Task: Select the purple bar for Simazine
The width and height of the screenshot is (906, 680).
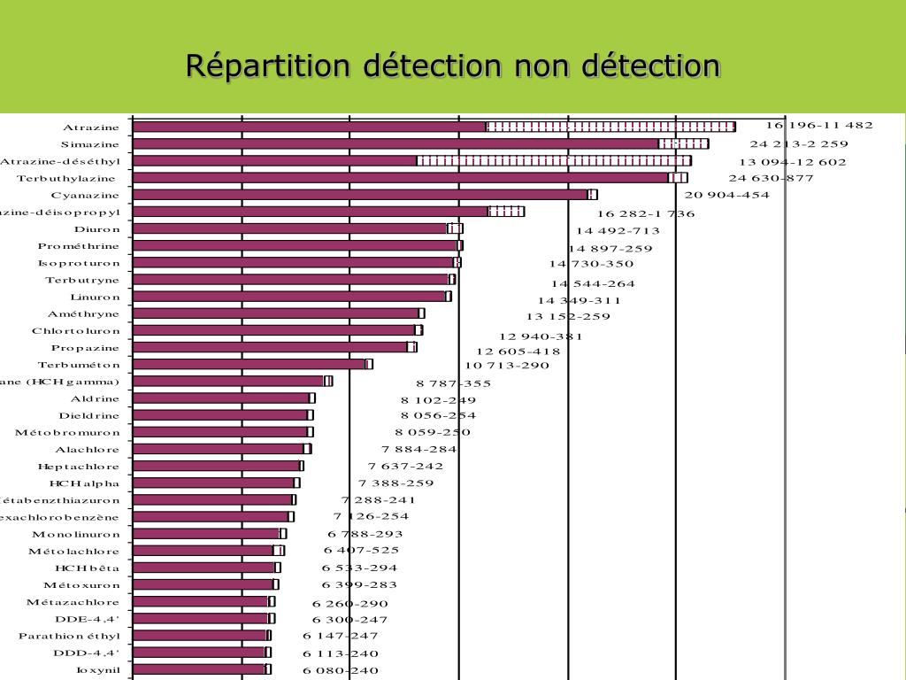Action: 395,143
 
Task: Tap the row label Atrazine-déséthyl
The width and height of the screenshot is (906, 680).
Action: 60,161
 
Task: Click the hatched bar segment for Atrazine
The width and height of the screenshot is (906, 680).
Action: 610,127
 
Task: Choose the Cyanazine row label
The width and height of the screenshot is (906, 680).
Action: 85,195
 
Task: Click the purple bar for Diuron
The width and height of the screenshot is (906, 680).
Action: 290,228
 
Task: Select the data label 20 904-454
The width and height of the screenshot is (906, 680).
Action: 727,195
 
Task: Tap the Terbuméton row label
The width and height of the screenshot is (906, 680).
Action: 79,365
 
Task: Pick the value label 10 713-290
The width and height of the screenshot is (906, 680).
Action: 507,365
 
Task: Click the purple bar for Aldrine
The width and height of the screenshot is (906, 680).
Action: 221,398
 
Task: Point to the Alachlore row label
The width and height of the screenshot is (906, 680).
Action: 88,450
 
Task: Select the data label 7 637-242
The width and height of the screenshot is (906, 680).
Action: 406,467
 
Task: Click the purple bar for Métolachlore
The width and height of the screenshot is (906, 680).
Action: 203,551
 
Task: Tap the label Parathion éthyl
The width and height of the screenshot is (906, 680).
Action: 69,636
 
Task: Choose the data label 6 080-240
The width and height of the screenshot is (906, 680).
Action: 341,670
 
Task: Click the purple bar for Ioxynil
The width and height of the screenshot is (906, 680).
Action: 199,669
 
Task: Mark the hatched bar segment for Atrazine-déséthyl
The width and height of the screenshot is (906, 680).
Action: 554,160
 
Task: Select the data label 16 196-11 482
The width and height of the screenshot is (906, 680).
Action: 819,125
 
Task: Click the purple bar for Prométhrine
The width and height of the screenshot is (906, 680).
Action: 296,245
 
